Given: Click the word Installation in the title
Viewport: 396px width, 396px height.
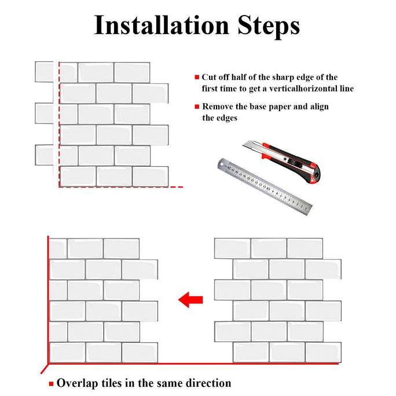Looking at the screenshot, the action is coord(162,25).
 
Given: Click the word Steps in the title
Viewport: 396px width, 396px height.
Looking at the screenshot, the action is coord(269,27).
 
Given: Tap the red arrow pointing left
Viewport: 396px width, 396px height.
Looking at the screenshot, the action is coord(190,300).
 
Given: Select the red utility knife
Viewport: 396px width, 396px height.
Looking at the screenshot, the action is coord(281,161).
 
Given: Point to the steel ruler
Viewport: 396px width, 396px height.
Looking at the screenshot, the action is coord(265,186).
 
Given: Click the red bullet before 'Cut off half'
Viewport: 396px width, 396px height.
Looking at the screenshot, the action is coord(197,77).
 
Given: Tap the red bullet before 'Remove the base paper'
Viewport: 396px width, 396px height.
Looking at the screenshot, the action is coord(197,107).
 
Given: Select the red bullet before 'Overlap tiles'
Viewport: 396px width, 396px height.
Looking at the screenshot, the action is coord(52,384).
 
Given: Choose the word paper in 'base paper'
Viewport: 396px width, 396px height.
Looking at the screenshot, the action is coord(280,107).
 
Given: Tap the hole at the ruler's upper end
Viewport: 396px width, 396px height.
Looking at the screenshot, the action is coord(222,164).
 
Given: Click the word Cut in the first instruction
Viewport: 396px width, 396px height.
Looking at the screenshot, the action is coord(208,77).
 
